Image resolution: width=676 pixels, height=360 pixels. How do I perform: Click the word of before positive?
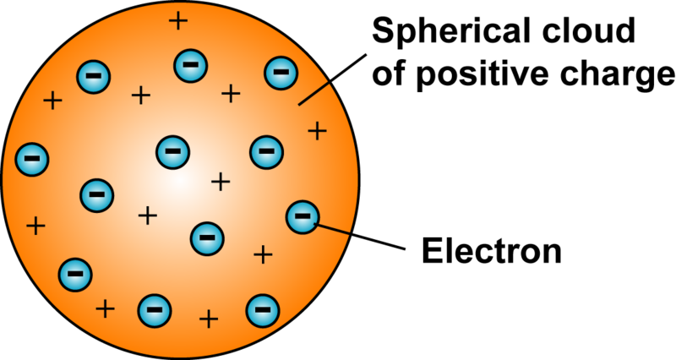(390, 77)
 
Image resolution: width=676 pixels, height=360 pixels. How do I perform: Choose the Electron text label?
(491, 250)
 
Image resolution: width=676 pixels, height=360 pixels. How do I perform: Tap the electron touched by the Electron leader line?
(303, 218)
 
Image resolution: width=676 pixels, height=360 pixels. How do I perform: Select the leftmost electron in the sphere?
(33, 157)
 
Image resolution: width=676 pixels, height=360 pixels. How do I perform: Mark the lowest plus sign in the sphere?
(208, 319)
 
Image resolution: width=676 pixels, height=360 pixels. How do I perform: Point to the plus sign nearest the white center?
(220, 180)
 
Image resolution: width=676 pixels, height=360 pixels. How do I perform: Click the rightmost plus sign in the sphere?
(317, 130)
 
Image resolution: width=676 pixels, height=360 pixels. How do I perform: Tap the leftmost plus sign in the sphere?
(35, 226)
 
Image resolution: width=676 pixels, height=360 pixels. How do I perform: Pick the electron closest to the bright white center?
(172, 152)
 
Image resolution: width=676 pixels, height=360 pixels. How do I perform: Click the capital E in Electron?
(429, 250)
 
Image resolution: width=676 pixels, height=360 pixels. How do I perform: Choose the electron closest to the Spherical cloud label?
(278, 74)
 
